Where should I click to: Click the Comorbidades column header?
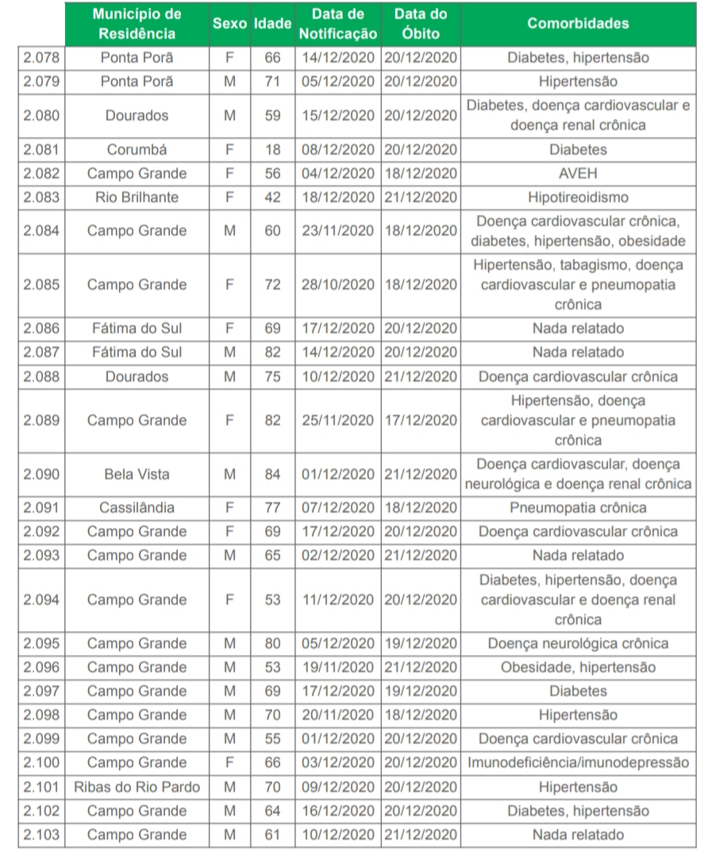point(578,24)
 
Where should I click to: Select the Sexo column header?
point(230,24)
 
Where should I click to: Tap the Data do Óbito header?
point(421,24)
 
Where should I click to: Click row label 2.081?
point(41,149)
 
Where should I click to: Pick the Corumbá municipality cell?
point(137,149)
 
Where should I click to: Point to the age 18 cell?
point(272,149)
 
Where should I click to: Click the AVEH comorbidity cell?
point(578,173)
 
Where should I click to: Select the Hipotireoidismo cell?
point(578,197)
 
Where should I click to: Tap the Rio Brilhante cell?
point(137,197)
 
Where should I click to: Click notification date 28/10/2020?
point(339,284)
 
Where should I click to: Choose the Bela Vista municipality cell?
point(137,474)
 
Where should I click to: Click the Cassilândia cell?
point(137,507)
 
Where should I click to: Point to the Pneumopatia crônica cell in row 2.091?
point(578,507)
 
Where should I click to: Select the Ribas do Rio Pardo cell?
point(137,787)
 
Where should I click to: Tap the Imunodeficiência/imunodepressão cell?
point(578,763)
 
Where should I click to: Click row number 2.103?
point(41,834)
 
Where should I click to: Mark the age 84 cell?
point(272,474)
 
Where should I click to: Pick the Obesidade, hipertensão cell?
point(578,667)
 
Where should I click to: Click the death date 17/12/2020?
point(421,420)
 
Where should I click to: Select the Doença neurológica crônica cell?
point(578,643)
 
